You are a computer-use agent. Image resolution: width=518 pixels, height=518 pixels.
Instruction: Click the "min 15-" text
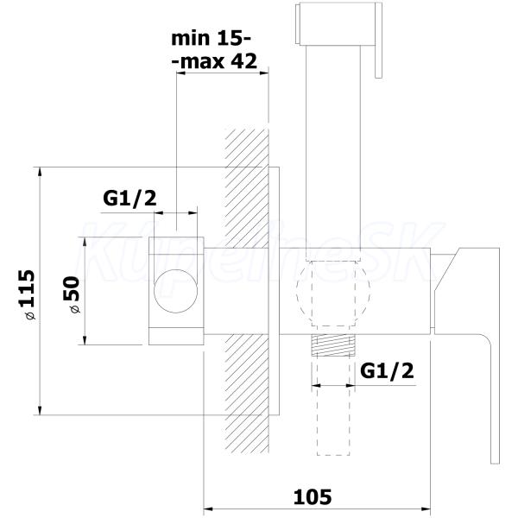coord(212,39)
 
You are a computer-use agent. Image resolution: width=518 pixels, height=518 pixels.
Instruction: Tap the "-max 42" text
coord(214,61)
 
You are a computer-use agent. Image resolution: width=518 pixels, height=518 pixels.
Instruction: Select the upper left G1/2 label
coord(129,199)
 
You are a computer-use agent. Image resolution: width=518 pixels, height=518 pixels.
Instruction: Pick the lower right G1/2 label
coord(387,370)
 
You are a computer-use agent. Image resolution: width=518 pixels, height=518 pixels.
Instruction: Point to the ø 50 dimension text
coord(72,294)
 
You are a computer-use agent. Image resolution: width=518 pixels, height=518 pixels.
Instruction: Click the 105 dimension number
coord(313,496)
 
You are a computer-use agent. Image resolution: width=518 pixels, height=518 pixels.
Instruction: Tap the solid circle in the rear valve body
coord(176,291)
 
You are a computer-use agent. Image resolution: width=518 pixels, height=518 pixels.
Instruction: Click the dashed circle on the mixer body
coord(333,291)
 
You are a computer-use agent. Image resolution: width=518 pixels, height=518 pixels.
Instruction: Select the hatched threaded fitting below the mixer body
coord(333,344)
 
